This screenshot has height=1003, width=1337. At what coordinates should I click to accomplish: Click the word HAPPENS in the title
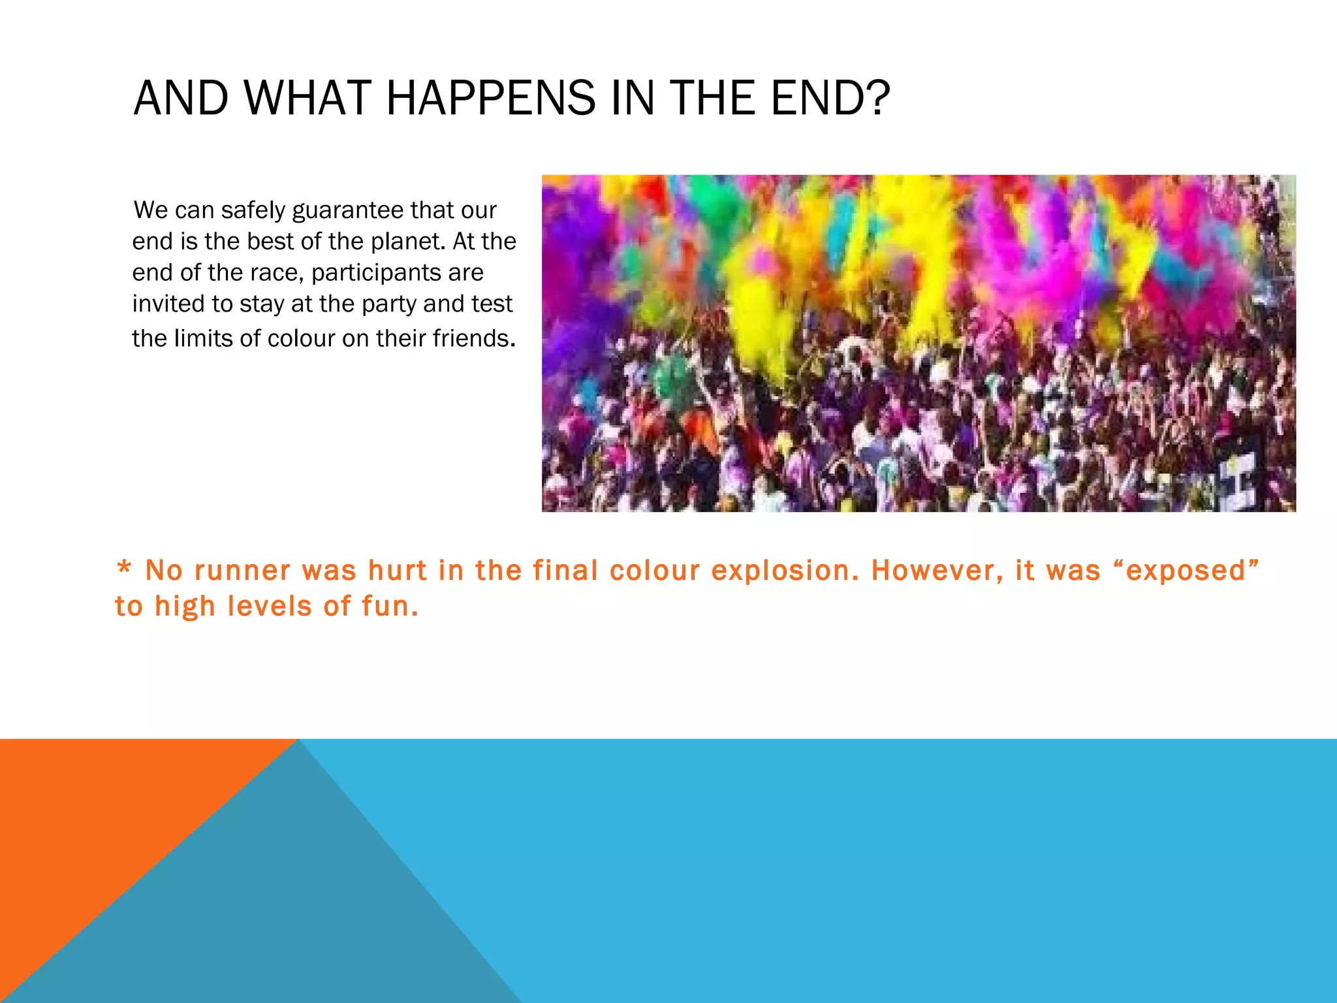tap(490, 99)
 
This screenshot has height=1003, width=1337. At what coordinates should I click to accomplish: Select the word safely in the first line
tap(253, 211)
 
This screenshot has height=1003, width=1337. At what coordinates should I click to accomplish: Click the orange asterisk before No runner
tap(123, 568)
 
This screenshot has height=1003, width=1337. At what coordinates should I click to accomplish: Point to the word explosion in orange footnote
tap(785, 571)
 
